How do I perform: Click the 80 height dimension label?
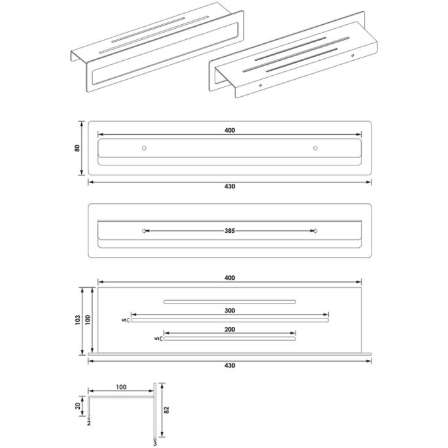pyautogui.click(x=77, y=148)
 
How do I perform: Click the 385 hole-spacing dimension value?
pyautogui.click(x=229, y=231)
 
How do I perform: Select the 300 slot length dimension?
pyautogui.click(x=229, y=311)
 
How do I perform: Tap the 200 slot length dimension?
pyautogui.click(x=229, y=330)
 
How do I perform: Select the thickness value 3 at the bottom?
pyautogui.click(x=154, y=442)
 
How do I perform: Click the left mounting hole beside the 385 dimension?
pyautogui.click(x=144, y=231)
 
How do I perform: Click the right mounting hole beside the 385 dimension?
pyautogui.click(x=315, y=231)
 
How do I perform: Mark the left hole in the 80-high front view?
pyautogui.click(x=144, y=148)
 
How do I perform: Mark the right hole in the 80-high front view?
pyautogui.click(x=315, y=148)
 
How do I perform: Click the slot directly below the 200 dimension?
pyautogui.click(x=229, y=339)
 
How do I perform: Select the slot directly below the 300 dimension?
pyautogui.click(x=229, y=320)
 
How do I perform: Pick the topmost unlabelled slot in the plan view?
pyautogui.click(x=229, y=302)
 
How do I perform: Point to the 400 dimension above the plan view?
pyautogui.click(x=229, y=279)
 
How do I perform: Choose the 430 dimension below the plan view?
pyautogui.click(x=229, y=364)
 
